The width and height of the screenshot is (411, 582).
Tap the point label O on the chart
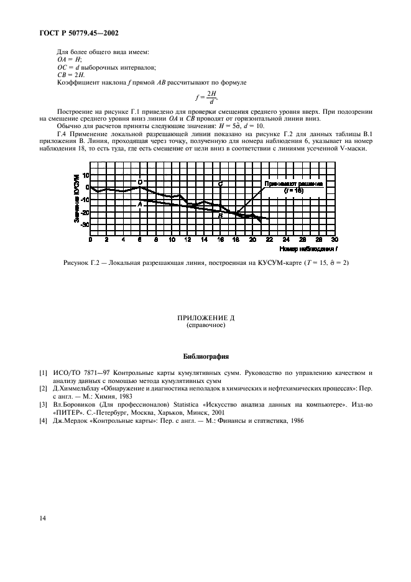click(x=140, y=182)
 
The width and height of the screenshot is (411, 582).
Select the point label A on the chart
click(x=140, y=204)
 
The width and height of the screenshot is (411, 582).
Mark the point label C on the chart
click(x=221, y=184)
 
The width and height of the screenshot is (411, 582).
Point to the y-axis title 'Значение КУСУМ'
click(x=75, y=199)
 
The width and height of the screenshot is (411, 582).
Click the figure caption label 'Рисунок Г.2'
click(x=83, y=262)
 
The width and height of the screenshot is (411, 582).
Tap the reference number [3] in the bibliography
click(x=42, y=404)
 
